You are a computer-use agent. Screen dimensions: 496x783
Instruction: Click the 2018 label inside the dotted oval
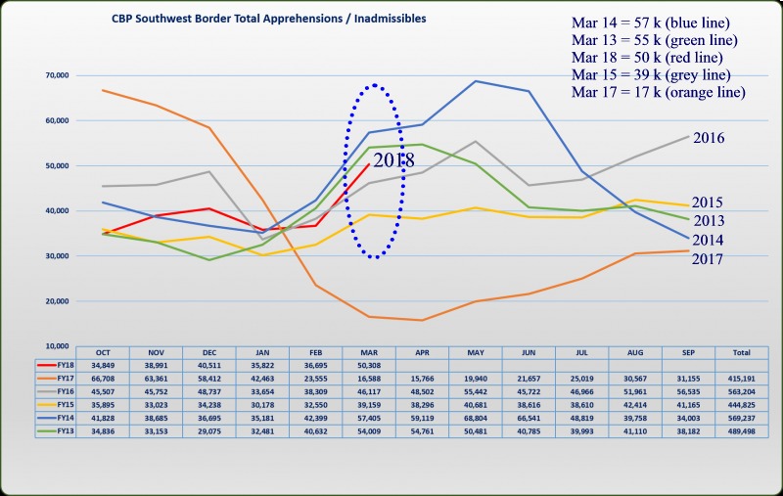[393, 159]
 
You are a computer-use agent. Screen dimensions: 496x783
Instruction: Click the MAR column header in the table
[369, 351]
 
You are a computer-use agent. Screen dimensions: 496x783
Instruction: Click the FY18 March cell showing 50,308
[369, 364]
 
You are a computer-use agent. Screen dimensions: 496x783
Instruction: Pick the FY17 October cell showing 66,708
[102, 377]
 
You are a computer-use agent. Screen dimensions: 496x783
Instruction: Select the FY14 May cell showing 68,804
[476, 416]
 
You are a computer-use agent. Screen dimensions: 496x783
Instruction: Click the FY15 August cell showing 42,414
[636, 403]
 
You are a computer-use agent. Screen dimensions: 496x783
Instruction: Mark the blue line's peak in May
[476, 81]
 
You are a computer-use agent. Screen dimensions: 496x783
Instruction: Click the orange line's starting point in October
[103, 90]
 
